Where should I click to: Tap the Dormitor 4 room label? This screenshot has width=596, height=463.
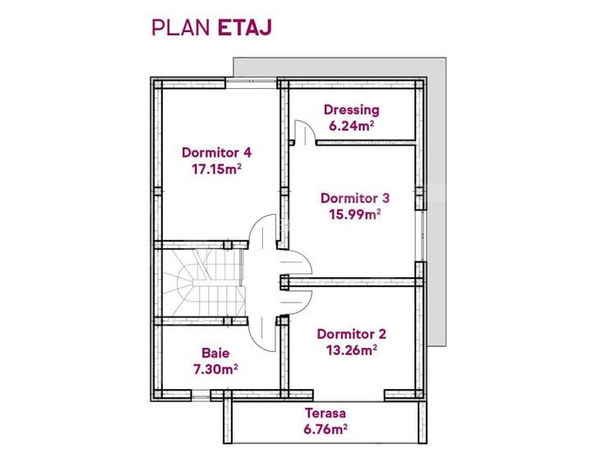(x=215, y=153)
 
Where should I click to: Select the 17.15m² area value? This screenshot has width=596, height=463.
(x=215, y=169)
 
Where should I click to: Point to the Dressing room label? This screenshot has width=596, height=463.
(x=351, y=109)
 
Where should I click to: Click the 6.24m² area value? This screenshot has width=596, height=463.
(x=351, y=126)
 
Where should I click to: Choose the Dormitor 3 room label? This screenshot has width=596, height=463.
(x=354, y=197)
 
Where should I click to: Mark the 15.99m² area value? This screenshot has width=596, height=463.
(x=354, y=214)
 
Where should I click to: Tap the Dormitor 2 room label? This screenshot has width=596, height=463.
(x=351, y=334)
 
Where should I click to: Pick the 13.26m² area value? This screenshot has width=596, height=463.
(x=351, y=350)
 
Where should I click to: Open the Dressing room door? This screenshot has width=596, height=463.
(x=303, y=132)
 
